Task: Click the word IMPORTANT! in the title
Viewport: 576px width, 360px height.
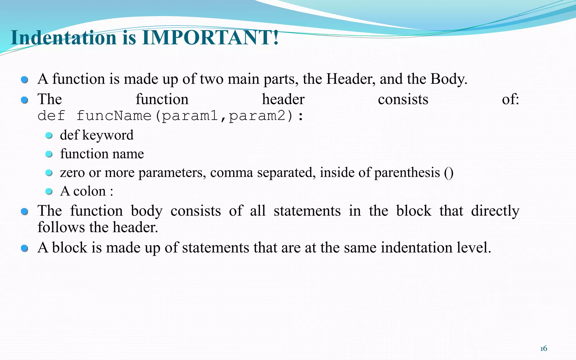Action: coord(210,38)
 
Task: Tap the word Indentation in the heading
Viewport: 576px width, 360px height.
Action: coord(64,38)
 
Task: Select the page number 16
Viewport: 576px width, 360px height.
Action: coord(544,349)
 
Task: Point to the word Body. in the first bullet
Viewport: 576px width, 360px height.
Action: coord(449,79)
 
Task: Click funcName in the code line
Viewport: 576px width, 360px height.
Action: coord(114,116)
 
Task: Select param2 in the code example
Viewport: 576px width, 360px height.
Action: coord(257,116)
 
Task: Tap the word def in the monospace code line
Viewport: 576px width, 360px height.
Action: coord(51,116)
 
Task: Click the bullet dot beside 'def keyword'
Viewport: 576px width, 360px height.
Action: coord(49,136)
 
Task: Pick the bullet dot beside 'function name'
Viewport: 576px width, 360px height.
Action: coord(49,154)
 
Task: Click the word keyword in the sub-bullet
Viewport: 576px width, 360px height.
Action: coord(108,135)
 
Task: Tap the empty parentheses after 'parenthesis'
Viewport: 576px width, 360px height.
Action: coord(449,172)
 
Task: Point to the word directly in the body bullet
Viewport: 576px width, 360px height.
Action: coord(495,211)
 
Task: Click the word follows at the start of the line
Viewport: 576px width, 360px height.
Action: coord(61,227)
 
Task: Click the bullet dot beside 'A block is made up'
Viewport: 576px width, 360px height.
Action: coord(25,248)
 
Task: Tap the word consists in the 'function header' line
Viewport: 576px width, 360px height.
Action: coord(403,99)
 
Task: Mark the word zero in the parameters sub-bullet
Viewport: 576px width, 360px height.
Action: coord(72,172)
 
